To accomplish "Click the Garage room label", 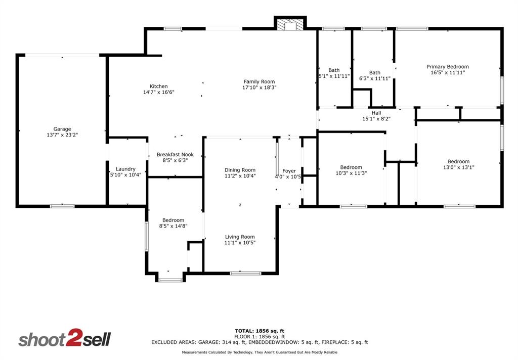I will coord(62,129).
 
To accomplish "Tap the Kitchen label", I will coord(158,86).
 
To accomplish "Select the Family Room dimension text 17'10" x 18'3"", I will coord(259,87).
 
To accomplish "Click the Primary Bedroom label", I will coord(447,67).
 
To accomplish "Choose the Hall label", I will coord(376,113).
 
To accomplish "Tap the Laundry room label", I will coord(125,169).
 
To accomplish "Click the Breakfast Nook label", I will coord(175,155).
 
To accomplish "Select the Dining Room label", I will coord(240,170).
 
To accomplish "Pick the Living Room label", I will coord(240,237).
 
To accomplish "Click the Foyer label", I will coord(289,171).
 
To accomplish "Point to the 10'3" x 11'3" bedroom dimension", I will coord(351,173).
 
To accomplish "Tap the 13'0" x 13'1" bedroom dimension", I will coord(458,167).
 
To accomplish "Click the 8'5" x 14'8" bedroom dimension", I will coord(173,226).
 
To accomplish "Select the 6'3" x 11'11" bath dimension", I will coord(374,78).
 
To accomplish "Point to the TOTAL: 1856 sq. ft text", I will coord(259,331).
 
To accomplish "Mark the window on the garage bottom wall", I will coord(62,206).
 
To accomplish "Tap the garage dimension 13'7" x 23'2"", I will coord(62,135).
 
